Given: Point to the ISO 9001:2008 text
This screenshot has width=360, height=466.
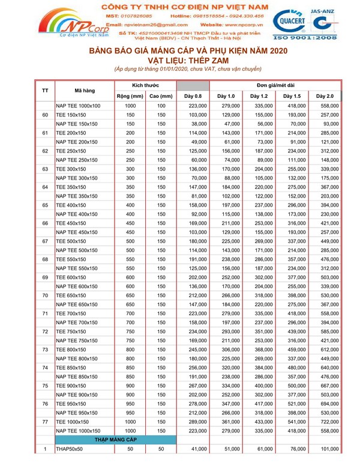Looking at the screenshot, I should coord(303,37).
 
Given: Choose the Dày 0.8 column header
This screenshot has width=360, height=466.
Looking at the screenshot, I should coord(193,96).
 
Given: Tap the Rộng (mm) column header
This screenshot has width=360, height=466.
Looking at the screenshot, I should coord(130,96).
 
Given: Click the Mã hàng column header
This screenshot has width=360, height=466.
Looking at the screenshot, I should coord(85,91).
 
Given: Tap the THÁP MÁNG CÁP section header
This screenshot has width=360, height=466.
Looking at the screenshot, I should coord(115,440).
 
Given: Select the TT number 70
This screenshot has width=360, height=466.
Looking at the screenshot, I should coord(45,295).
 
